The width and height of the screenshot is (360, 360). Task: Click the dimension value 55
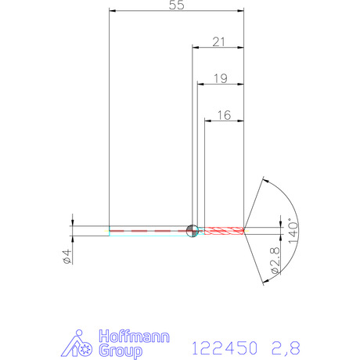(x=177, y=5)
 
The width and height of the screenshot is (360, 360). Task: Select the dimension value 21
(x=218, y=41)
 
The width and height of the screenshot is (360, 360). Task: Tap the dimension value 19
(x=221, y=78)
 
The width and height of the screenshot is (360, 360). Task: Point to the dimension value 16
(x=224, y=115)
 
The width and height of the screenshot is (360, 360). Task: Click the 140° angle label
(x=293, y=231)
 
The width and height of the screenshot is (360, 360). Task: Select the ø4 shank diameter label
(x=67, y=257)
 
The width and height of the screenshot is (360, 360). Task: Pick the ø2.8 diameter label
(x=275, y=261)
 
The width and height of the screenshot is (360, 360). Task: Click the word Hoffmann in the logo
(x=135, y=337)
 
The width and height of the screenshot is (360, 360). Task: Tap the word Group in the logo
(x=121, y=351)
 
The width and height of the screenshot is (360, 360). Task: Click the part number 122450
(x=225, y=348)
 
